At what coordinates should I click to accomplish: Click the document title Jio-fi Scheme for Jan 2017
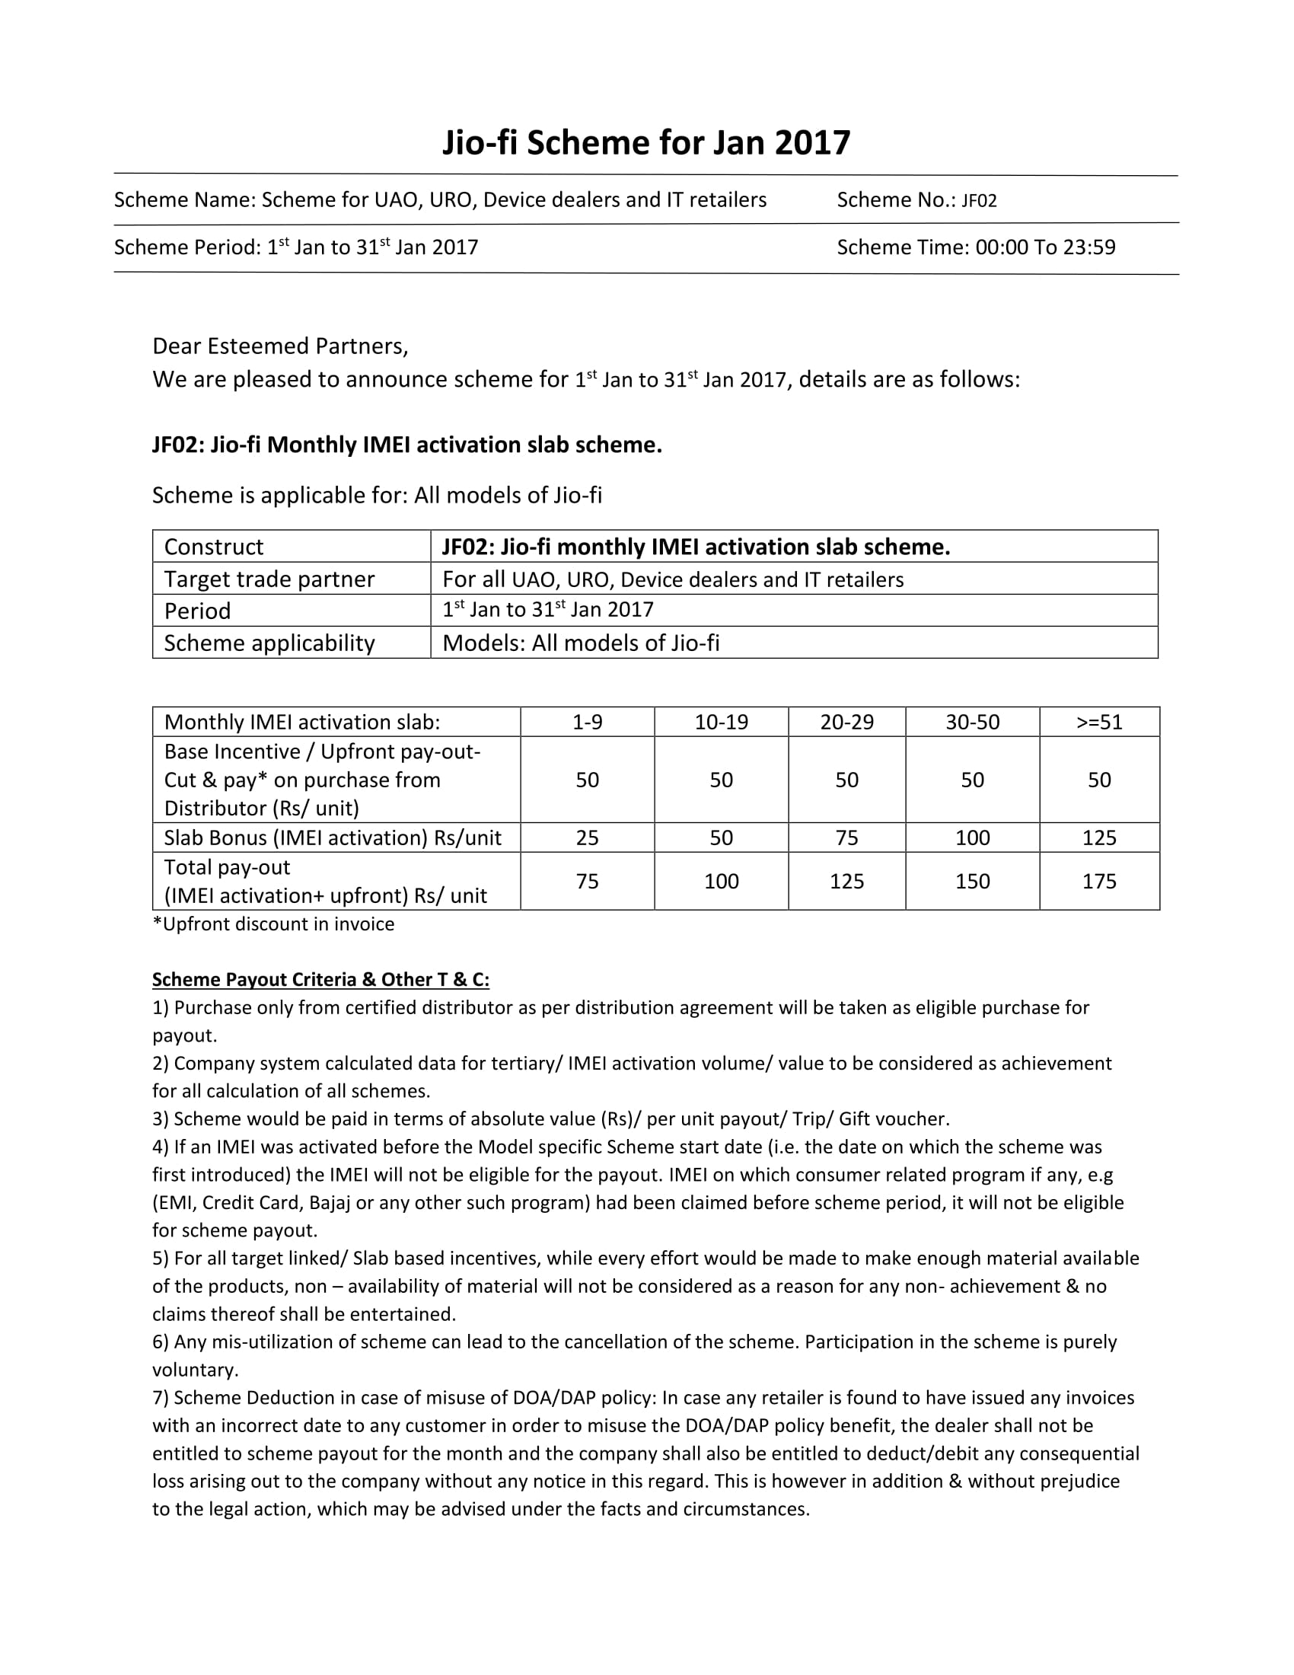646,143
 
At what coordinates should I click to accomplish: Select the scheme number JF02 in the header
979,201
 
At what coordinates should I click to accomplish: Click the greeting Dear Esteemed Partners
280,346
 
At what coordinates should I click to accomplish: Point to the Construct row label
214,547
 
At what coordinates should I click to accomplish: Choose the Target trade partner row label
269,579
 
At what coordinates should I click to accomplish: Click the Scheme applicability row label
269,643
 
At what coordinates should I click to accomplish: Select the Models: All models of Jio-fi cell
581,643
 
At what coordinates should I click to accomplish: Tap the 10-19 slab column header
721,723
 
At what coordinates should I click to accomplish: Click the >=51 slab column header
1099,723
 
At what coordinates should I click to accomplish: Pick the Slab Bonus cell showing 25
587,837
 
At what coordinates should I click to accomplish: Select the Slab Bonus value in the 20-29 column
846,837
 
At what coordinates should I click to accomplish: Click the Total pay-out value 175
1099,881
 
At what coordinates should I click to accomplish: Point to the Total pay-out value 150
972,881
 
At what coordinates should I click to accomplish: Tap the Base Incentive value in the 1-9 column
587,780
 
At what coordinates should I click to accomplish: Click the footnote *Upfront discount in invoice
274,924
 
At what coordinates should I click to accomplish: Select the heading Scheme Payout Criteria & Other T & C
320,980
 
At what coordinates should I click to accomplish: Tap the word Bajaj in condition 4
330,1202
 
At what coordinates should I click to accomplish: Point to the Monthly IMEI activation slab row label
302,723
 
